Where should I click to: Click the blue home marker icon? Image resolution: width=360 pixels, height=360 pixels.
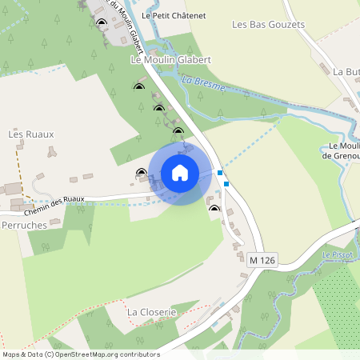(180, 173)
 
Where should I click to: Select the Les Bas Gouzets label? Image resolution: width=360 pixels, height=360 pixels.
(269, 25)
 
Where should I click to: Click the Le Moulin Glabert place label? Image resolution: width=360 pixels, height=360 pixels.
(170, 60)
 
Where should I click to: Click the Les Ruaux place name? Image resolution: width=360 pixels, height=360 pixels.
(31, 134)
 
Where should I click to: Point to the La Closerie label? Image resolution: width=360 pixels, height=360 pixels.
(151, 310)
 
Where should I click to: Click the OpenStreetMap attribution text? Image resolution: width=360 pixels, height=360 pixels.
(80, 354)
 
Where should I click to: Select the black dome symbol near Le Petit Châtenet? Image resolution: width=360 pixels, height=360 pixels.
(101, 22)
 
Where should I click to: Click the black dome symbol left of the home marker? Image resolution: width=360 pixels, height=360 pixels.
(142, 172)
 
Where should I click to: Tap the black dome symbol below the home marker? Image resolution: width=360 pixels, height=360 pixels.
(214, 209)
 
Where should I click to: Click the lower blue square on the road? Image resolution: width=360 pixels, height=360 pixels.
(226, 184)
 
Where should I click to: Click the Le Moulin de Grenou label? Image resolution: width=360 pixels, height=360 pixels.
(345, 150)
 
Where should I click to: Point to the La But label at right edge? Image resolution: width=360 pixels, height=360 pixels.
(346, 71)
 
